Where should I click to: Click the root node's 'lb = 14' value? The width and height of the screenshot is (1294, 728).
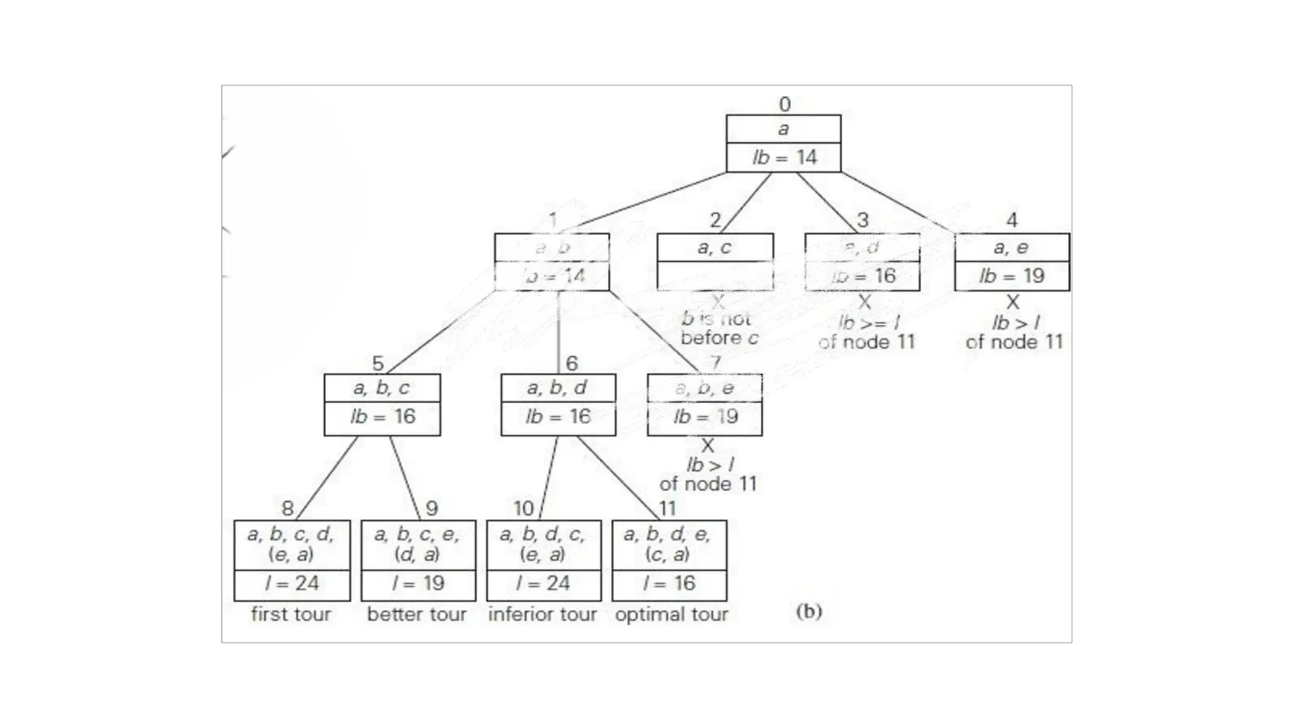click(784, 157)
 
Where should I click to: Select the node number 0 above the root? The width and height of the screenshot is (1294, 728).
click(785, 104)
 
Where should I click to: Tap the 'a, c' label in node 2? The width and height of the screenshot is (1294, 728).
click(715, 247)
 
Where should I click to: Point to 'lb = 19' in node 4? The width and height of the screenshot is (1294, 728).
click(1012, 276)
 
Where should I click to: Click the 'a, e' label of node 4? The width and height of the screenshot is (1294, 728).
click(1011, 247)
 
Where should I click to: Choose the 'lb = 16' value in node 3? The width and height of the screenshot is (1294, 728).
click(863, 276)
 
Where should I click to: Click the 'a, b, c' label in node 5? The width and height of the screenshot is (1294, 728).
click(382, 387)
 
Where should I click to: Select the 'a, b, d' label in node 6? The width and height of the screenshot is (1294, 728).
click(557, 387)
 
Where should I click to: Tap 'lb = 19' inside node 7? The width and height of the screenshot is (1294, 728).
click(705, 416)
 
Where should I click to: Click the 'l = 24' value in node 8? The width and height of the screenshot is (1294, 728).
click(292, 583)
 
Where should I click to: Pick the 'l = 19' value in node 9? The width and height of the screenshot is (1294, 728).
click(418, 583)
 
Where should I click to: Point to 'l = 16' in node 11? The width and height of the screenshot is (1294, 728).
click(669, 583)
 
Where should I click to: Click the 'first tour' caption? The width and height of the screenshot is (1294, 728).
click(291, 614)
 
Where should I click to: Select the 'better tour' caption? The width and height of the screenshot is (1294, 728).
click(417, 614)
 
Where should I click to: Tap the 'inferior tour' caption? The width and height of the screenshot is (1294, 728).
click(543, 614)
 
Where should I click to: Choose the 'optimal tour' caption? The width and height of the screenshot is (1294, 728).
click(671, 614)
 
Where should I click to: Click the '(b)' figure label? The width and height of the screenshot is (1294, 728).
click(809, 611)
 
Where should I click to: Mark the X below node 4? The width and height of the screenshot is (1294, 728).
click(1013, 302)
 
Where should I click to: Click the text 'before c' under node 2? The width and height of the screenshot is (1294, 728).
click(719, 339)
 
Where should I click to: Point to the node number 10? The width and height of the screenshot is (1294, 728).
click(524, 508)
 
